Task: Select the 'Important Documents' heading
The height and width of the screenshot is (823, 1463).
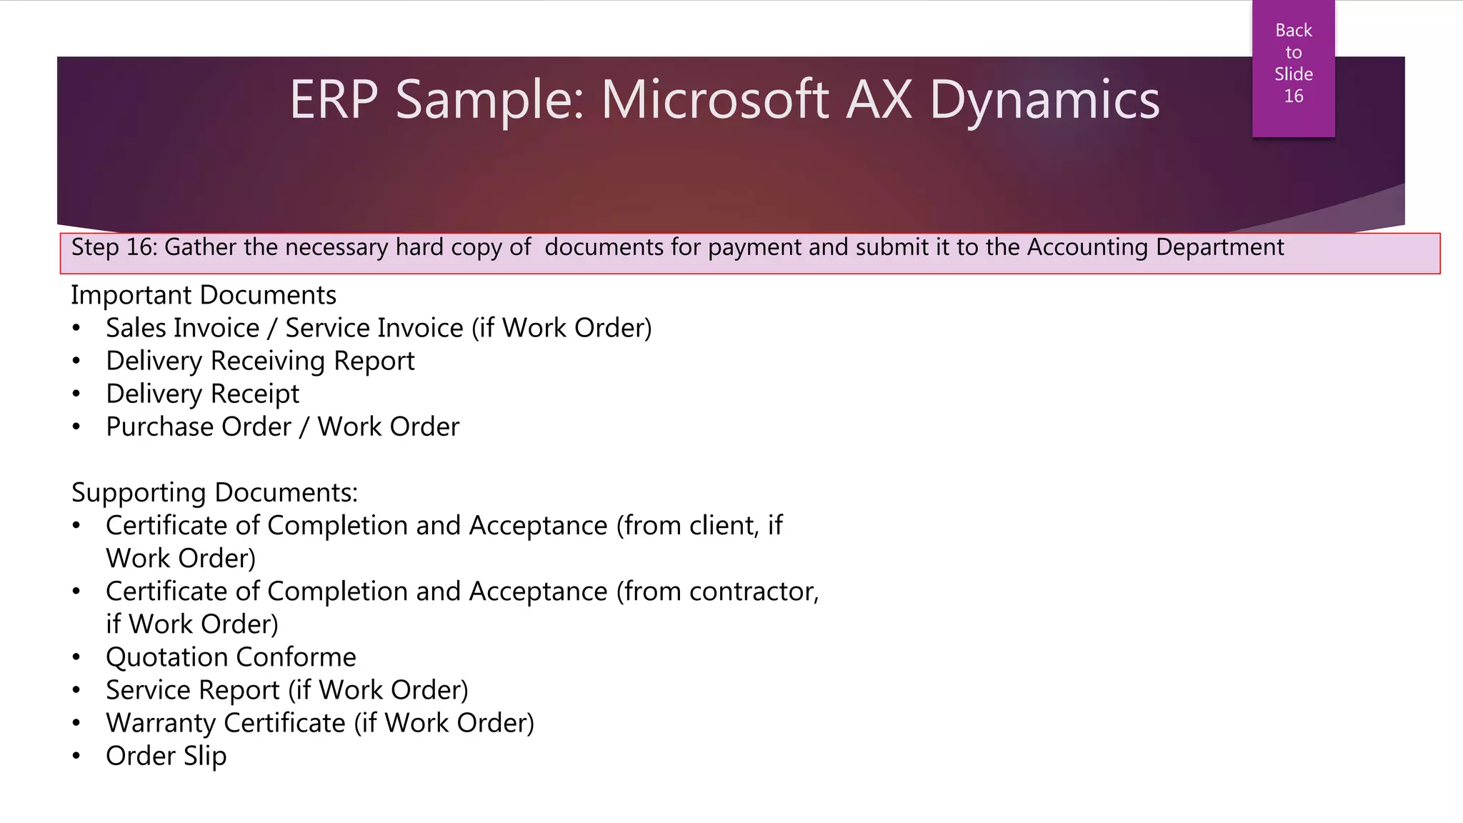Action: (x=204, y=295)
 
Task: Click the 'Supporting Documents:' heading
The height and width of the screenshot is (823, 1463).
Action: (x=214, y=493)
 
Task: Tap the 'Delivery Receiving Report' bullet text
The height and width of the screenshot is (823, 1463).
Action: (x=260, y=361)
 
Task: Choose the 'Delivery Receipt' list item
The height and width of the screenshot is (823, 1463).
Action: (x=203, y=394)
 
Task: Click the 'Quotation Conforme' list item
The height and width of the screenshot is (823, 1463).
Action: (x=231, y=657)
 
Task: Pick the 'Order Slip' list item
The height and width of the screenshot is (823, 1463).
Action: (x=166, y=756)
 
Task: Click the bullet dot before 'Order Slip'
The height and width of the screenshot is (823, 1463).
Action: (x=76, y=756)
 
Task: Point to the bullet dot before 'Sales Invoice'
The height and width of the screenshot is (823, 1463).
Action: (x=76, y=329)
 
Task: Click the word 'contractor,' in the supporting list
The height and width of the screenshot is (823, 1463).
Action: (x=754, y=592)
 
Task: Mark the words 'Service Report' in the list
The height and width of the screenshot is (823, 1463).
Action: (x=193, y=690)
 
